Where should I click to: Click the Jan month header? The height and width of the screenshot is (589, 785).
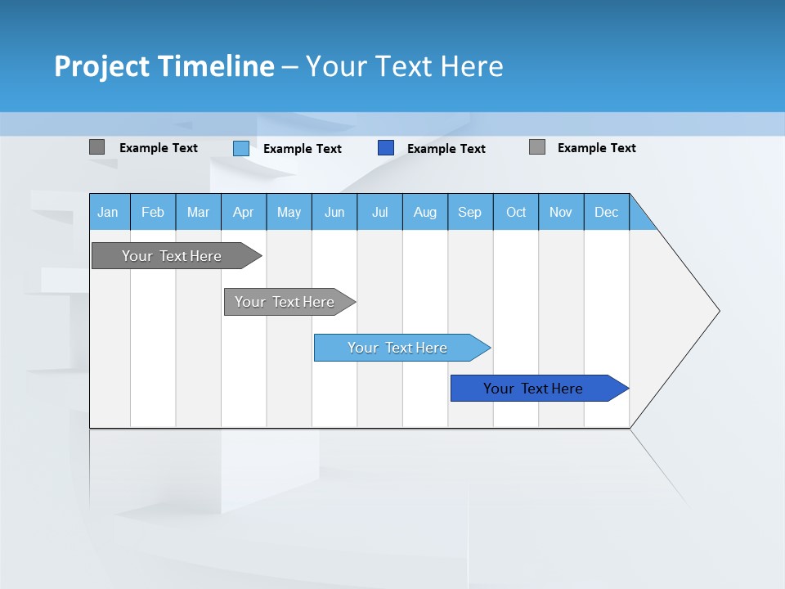point(109,212)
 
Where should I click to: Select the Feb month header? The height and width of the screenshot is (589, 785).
point(153,212)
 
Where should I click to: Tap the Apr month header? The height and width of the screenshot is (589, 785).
point(244,212)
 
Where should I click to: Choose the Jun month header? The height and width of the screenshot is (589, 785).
point(334,212)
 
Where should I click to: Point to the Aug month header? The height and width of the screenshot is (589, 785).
point(425,212)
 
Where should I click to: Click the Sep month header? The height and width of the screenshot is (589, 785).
point(470,212)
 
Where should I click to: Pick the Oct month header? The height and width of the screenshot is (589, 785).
point(516,212)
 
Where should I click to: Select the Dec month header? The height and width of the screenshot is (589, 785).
point(607,212)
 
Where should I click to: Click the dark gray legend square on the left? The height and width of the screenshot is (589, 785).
point(96,147)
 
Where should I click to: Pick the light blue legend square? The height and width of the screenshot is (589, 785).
point(241,148)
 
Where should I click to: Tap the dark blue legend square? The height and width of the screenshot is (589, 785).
point(386,148)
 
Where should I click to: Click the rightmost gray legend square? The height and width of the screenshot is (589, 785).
point(537,147)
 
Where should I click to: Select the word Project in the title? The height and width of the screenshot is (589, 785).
point(101,66)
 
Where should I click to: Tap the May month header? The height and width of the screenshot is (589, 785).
point(289,212)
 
